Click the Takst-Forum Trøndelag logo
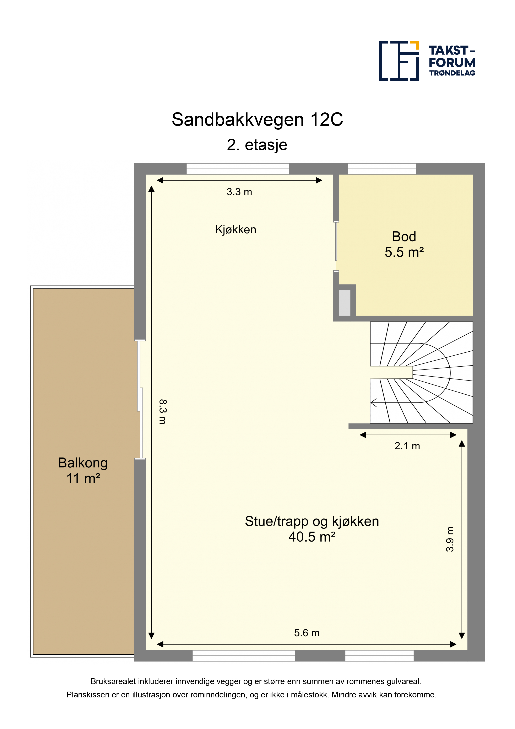[x=427, y=61]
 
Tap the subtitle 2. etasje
[x=257, y=145]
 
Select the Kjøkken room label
[x=235, y=230]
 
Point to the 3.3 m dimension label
[x=239, y=192]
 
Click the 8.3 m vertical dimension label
[x=162, y=412]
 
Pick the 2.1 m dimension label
[x=407, y=446]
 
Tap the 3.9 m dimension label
[x=450, y=539]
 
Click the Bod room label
[x=404, y=236]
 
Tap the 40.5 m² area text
[x=312, y=537]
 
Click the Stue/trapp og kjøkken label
[x=312, y=522]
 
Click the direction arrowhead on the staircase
[x=373, y=403]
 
